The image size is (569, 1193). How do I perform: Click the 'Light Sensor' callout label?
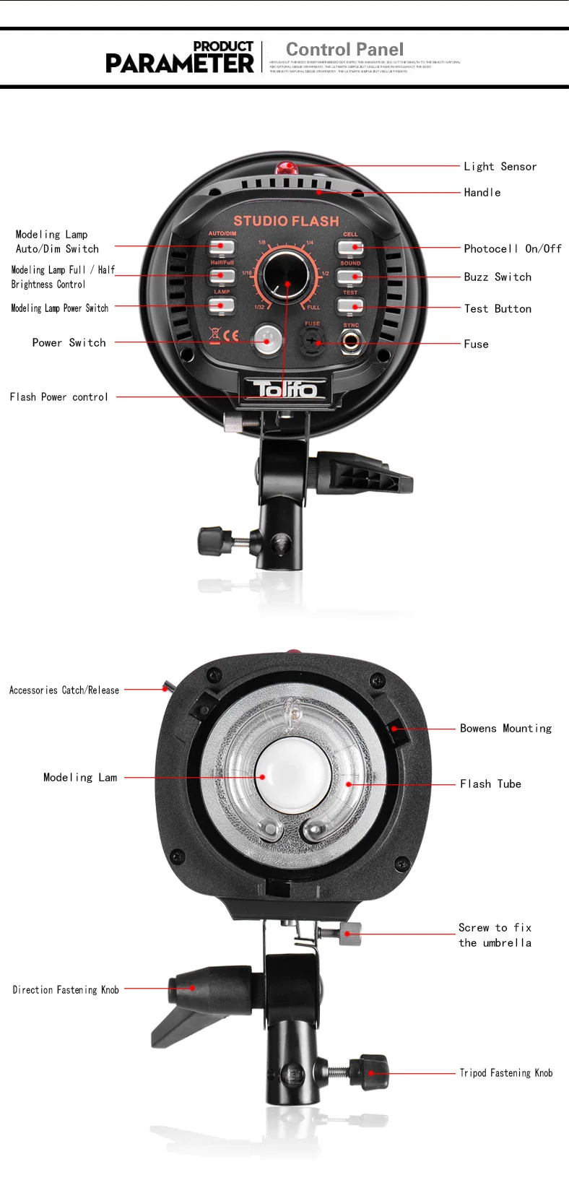(x=500, y=167)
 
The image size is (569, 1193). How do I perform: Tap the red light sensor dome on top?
(x=287, y=168)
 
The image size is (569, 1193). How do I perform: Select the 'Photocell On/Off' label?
(x=512, y=248)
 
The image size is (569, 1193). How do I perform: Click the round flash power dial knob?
(x=285, y=276)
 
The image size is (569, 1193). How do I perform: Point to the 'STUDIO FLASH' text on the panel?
(x=286, y=221)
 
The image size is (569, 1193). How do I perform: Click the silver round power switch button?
(x=267, y=337)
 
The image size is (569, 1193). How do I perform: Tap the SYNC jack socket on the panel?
(x=351, y=339)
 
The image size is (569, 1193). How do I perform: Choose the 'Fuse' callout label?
(x=476, y=344)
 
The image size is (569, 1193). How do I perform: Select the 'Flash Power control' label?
(x=59, y=397)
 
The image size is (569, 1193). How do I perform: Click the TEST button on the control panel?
(x=350, y=305)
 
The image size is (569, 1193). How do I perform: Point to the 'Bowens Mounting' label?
(x=505, y=729)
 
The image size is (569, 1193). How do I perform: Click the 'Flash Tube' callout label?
(x=490, y=784)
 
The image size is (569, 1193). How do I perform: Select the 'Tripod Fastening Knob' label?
(x=505, y=1073)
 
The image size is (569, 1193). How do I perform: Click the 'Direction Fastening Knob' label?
(x=66, y=990)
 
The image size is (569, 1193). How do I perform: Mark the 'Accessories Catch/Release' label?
(x=64, y=690)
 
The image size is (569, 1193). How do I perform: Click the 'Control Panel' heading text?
(x=344, y=50)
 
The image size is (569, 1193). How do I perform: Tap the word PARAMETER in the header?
(x=180, y=64)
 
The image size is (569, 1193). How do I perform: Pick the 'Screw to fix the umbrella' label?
(x=495, y=935)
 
